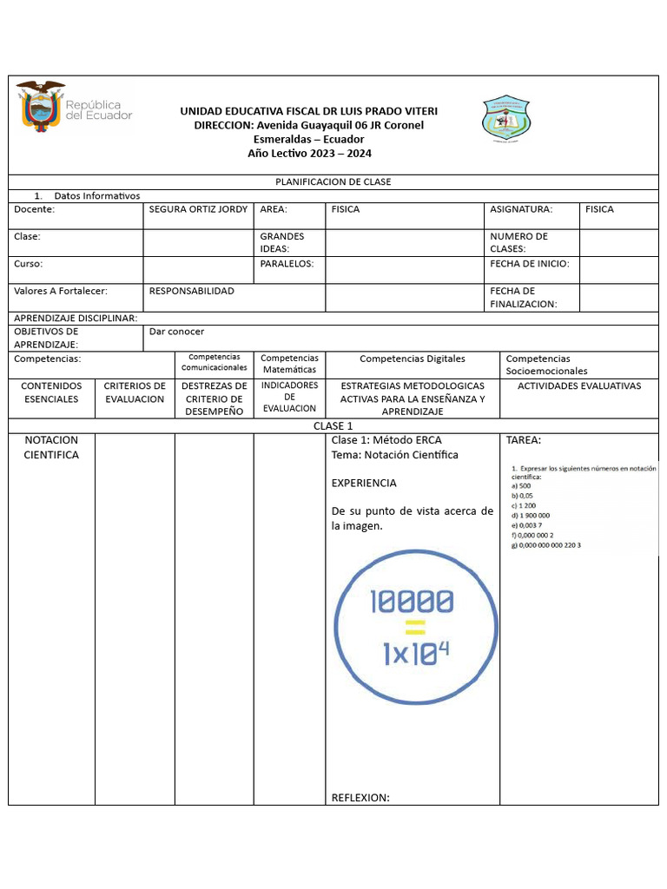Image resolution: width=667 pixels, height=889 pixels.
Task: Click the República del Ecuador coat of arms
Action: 41,107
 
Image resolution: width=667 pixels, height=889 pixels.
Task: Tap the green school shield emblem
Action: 506,118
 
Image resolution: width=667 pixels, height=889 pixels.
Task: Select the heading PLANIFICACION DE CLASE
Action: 333,182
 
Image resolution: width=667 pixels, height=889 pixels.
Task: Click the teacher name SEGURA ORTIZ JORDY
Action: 198,209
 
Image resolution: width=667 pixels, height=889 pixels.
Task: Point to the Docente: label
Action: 34,209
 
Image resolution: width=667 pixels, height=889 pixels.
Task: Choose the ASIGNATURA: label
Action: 521,209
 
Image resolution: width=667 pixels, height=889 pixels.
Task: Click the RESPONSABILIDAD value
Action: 192,291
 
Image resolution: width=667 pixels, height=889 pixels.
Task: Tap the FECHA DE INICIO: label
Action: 529,263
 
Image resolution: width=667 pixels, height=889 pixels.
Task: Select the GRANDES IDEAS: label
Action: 282,242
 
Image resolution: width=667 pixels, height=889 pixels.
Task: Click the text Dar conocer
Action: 177,332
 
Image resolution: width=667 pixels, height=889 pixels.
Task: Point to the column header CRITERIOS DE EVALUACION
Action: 135,392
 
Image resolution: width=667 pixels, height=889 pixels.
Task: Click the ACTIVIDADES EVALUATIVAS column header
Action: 578,385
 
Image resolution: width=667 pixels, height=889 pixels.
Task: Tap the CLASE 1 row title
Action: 333,426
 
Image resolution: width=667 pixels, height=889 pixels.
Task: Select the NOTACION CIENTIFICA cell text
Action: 51,447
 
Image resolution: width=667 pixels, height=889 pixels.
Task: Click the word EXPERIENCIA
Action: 364,483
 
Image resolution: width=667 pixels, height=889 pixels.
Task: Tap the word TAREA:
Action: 523,440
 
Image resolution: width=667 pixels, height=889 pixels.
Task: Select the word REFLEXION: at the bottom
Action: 360,798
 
